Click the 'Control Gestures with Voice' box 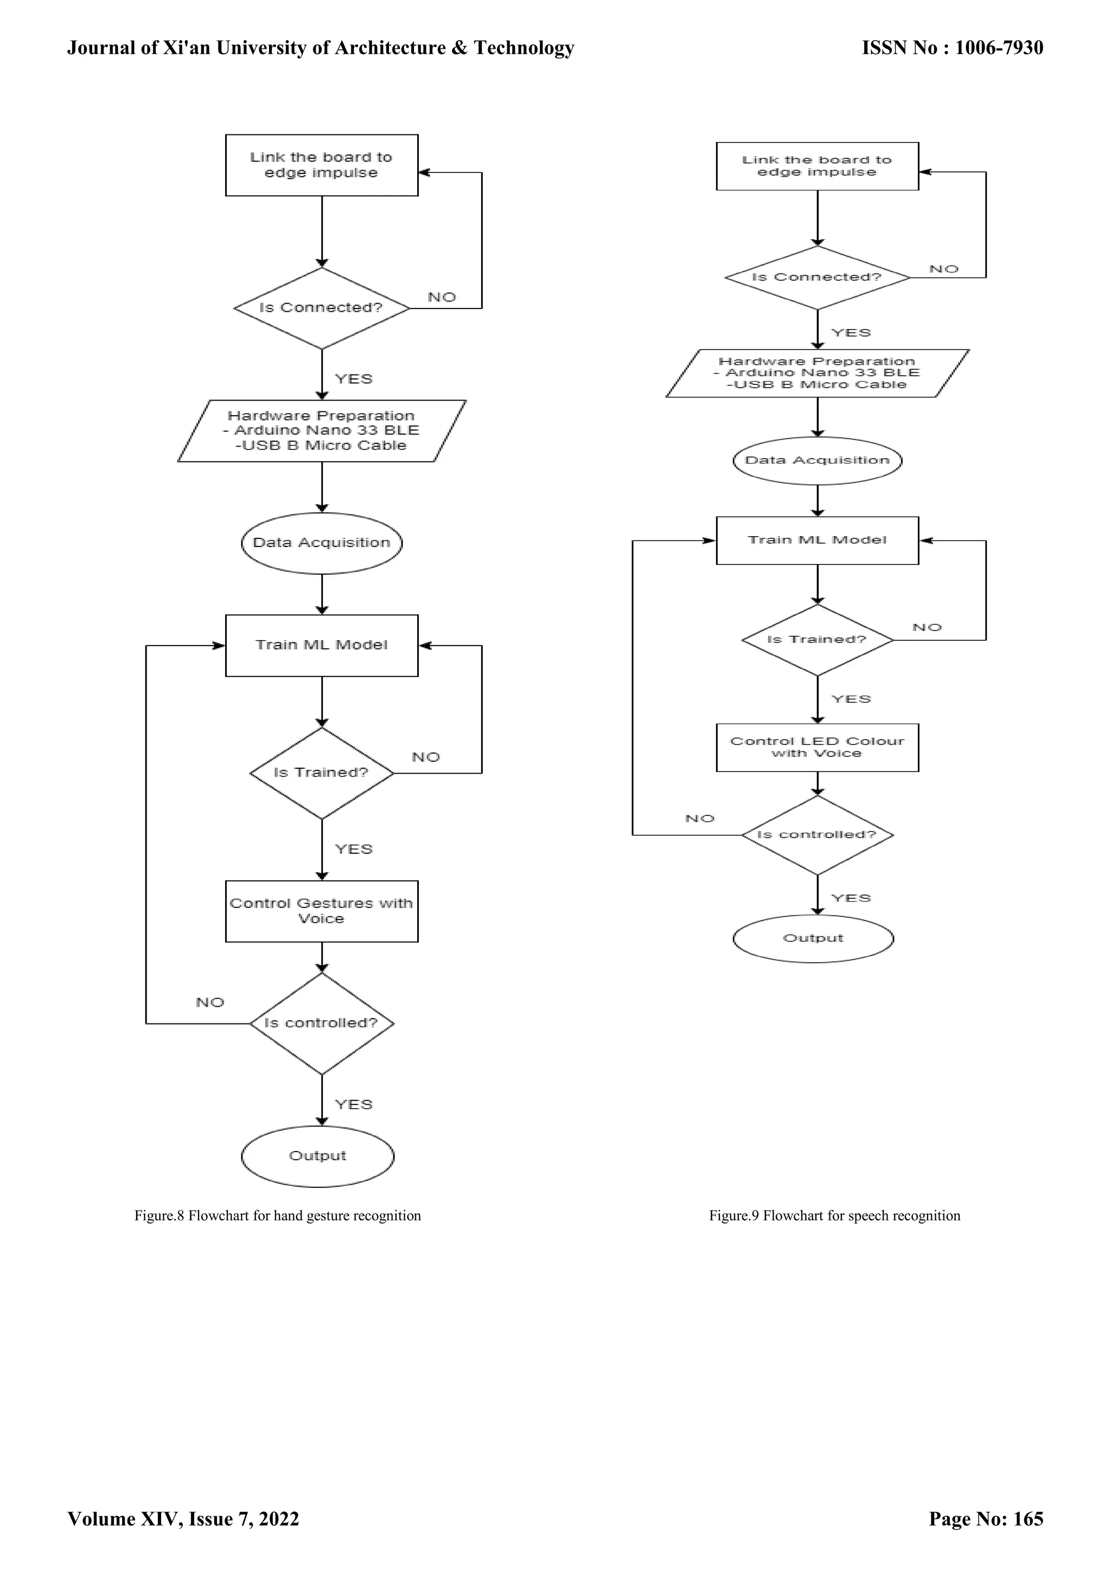[322, 911]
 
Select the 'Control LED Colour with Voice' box [817, 748]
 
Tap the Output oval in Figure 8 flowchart [317, 1156]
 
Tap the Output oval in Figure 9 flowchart [813, 938]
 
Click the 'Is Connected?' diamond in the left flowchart [322, 308]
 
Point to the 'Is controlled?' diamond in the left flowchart [322, 1023]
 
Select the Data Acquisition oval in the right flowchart [817, 460]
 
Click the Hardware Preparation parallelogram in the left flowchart [322, 431]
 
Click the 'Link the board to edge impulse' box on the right [817, 166]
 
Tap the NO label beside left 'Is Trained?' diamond [425, 757]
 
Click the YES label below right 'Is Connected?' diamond [851, 333]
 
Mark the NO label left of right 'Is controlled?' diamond [699, 819]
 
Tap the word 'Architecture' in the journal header [387, 48]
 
